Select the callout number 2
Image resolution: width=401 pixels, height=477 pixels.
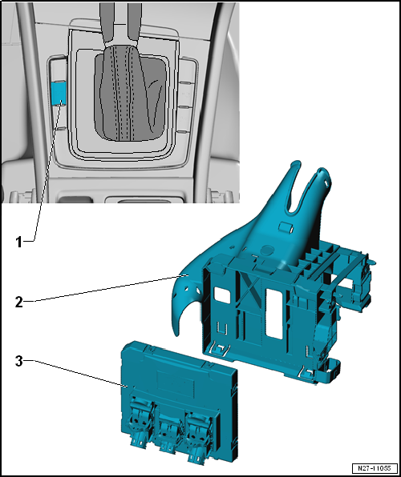coord(18,302)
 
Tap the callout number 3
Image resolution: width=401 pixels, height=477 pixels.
coord(18,361)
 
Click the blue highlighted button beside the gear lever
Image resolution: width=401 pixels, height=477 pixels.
coord(59,93)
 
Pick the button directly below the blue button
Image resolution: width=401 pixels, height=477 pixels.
coord(60,118)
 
